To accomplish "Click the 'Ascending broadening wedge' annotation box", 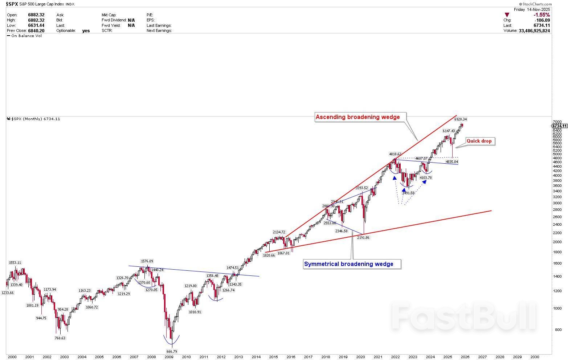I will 357,117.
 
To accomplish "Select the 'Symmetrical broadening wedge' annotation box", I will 348,264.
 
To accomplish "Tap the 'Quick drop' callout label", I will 479,141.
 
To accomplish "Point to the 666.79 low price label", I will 172,351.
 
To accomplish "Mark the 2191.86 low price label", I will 363,237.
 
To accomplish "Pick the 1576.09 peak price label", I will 147,261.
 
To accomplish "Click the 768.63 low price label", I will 60,338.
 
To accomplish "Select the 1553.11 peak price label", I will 15,262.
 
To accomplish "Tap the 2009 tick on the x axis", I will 169,357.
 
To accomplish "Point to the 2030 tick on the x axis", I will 535,357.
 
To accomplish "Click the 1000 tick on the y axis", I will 557,308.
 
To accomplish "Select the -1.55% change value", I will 542,15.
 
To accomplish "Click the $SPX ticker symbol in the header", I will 12,4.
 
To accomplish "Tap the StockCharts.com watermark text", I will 536,4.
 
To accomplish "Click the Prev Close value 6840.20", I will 36,31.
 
